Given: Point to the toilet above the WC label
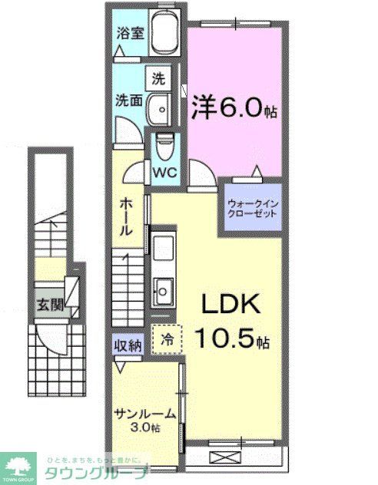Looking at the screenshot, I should pos(164,144).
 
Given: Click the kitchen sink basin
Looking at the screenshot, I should pos(164,289).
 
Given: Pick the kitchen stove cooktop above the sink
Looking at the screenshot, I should pos(164,249).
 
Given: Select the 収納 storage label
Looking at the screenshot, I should pos(128,345).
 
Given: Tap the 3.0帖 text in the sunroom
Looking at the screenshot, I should pos(145,427).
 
